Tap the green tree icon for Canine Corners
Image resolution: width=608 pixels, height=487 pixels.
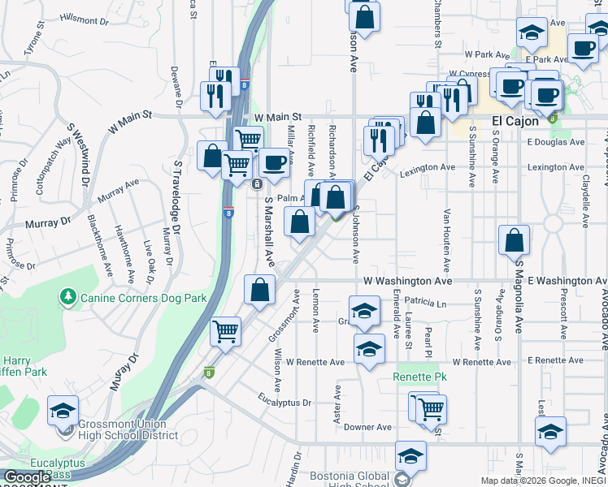(69, 298)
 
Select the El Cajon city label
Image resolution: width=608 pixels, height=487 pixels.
(515, 122)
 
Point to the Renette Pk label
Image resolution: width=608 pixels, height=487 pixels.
(415, 377)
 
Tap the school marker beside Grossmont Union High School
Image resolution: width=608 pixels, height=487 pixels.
(63, 411)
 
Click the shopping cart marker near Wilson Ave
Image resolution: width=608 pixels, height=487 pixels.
(225, 330)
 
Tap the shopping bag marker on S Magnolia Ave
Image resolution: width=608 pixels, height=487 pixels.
(515, 240)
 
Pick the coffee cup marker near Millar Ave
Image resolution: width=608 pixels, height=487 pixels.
(274, 162)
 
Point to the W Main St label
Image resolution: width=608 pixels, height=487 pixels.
(277, 117)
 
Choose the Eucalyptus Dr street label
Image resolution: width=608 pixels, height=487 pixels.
(284, 402)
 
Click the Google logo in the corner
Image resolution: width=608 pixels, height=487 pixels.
(26, 477)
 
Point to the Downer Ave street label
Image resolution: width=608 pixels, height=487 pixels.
(368, 427)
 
